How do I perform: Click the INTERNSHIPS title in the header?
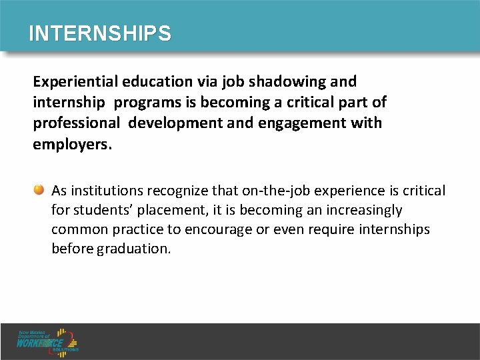click(99, 33)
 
